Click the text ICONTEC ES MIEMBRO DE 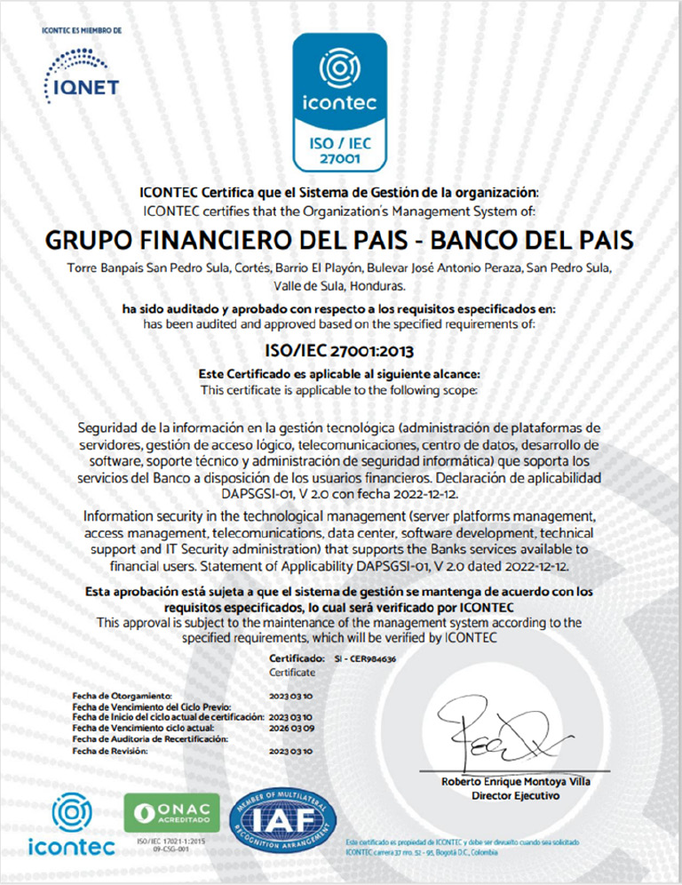coord(82,31)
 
